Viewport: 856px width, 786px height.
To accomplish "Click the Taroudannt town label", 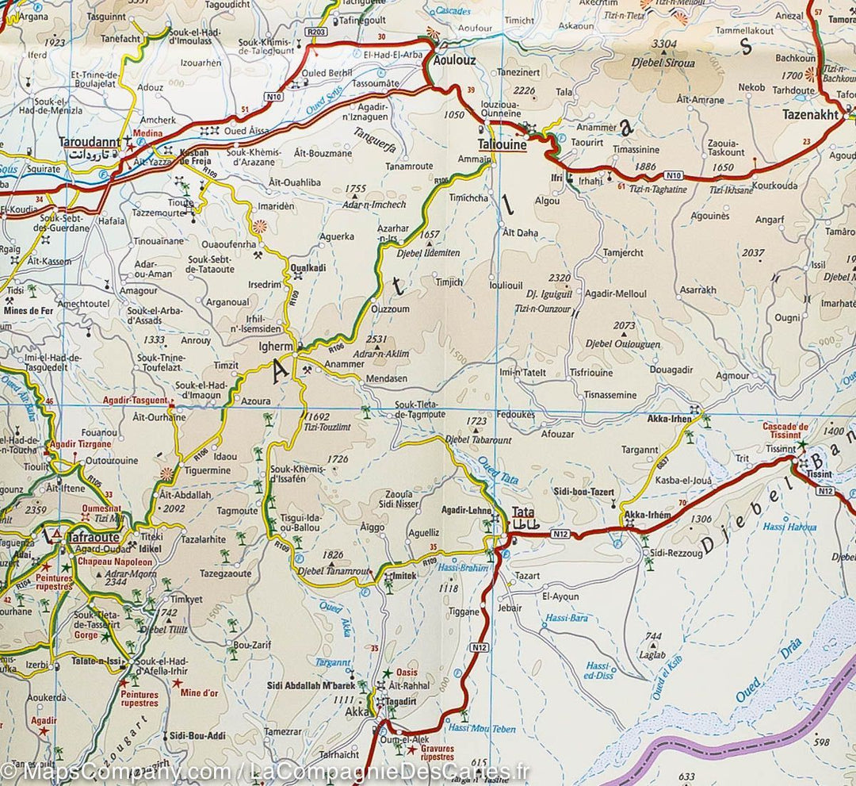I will pyautogui.click(x=90, y=143).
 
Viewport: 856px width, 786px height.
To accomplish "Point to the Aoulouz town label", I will pyautogui.click(x=453, y=60).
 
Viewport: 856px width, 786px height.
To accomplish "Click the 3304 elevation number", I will pyautogui.click(x=663, y=44).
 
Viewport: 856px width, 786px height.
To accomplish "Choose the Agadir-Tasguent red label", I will pyautogui.click(x=134, y=401).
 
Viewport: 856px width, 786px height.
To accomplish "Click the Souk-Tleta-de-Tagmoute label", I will pyautogui.click(x=419, y=410).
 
